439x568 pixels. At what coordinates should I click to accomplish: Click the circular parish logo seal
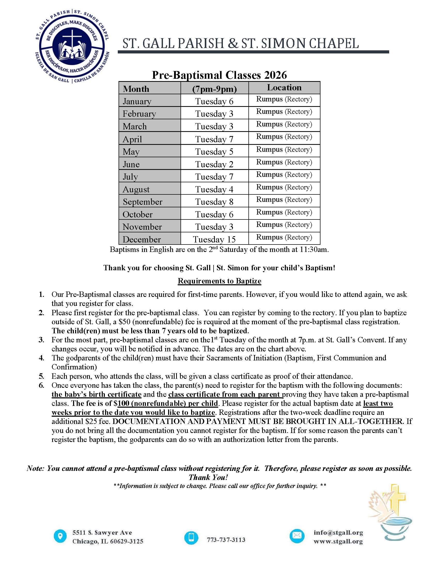(x=72, y=46)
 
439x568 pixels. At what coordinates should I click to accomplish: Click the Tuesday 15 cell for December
(x=214, y=239)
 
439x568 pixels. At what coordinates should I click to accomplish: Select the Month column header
(x=136, y=89)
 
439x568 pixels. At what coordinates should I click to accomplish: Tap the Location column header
(x=284, y=88)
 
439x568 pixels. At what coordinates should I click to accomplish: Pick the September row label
(x=143, y=202)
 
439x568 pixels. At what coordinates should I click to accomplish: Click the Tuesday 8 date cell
(x=214, y=202)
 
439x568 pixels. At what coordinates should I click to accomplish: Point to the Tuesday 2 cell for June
(x=214, y=164)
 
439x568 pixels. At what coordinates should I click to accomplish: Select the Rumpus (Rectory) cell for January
(x=284, y=99)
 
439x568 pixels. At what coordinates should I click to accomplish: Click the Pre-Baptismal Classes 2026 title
(x=219, y=75)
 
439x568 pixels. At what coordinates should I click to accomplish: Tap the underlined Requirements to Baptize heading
(x=219, y=281)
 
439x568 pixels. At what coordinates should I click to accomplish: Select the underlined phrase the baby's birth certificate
(x=96, y=394)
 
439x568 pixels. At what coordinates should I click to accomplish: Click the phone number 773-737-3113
(x=226, y=540)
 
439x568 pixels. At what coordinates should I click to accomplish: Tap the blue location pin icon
(x=60, y=536)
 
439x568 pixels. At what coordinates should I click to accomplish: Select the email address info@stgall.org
(x=338, y=532)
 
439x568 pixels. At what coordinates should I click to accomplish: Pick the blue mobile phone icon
(x=191, y=537)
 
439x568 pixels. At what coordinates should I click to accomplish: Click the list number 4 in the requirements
(x=42, y=358)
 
